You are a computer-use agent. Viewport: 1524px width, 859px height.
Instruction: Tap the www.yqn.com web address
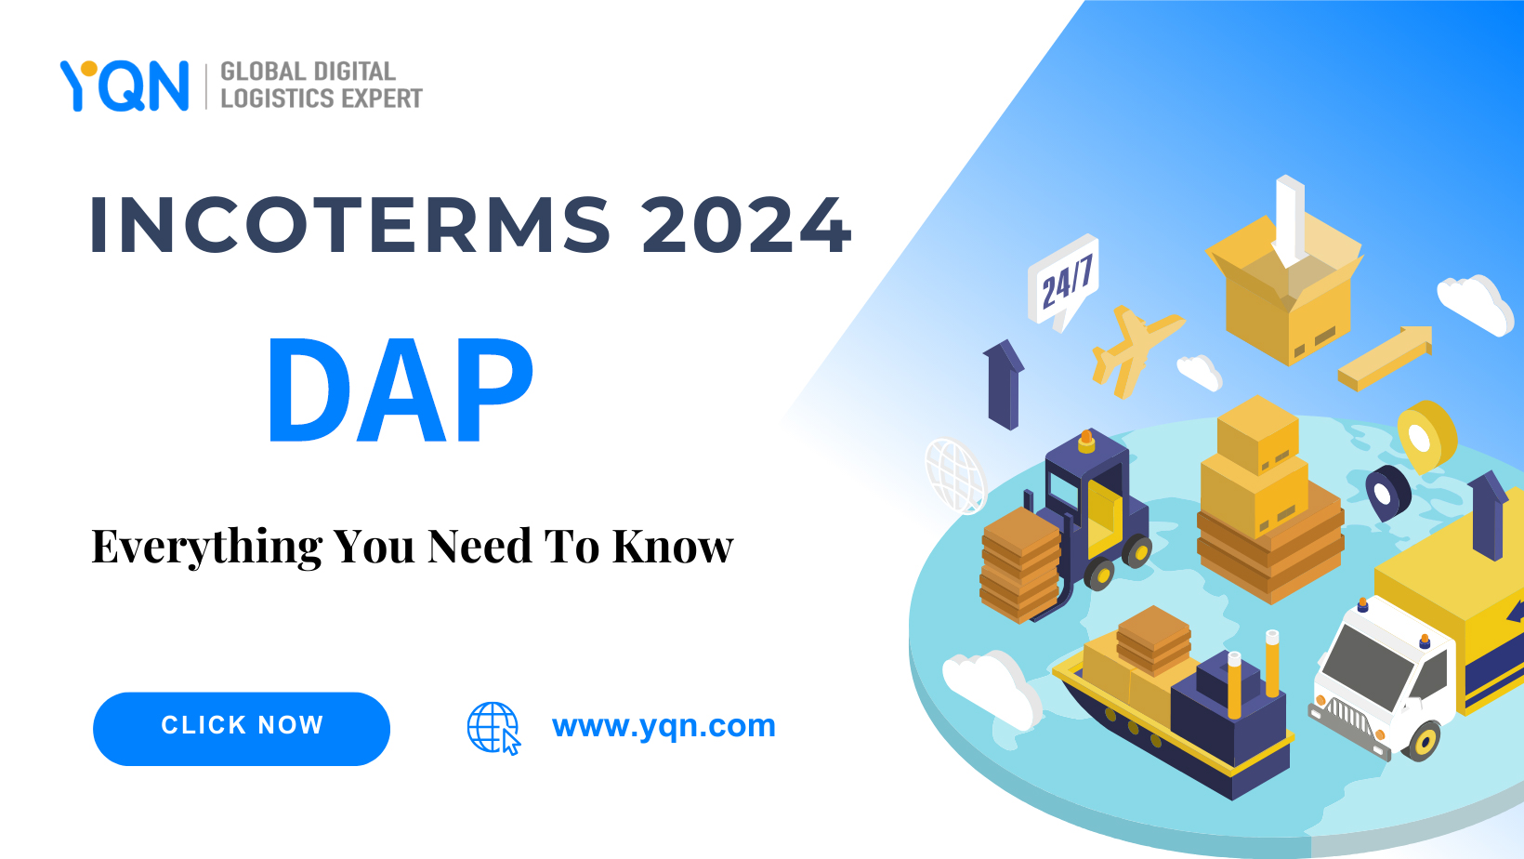point(663,725)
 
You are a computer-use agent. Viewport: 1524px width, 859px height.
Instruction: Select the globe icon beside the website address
point(493,727)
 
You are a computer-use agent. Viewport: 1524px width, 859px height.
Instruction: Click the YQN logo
point(125,86)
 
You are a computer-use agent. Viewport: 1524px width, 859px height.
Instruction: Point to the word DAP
point(401,390)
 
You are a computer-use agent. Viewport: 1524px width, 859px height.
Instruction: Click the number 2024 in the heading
point(746,225)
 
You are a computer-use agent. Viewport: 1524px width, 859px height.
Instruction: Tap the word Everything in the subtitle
point(206,547)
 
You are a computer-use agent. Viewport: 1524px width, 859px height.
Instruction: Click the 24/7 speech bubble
point(1065,280)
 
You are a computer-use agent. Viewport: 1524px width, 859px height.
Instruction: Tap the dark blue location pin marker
point(1386,491)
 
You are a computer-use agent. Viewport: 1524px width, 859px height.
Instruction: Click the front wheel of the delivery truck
point(1422,741)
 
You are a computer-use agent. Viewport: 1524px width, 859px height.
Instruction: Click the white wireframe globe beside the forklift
point(954,475)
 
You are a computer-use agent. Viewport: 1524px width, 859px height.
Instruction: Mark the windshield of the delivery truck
point(1366,666)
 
